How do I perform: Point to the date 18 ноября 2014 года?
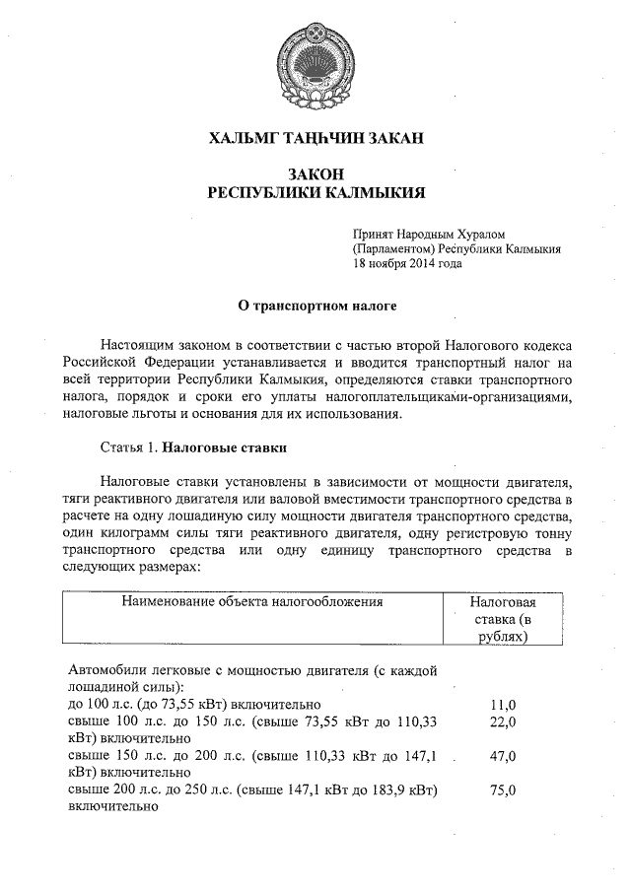tap(407, 263)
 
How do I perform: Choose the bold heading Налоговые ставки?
tap(225, 448)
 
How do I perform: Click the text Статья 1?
tap(129, 448)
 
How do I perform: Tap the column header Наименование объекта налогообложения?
tap(251, 600)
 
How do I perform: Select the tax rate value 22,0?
tap(503, 721)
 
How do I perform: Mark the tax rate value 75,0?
tap(503, 790)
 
